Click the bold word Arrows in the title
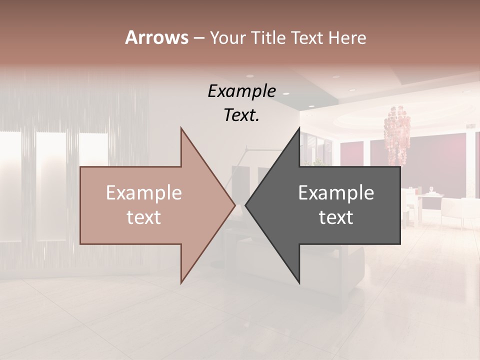(156, 37)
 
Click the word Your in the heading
(228, 38)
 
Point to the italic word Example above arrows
(241, 91)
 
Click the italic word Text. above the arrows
(241, 115)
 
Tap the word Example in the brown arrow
(144, 192)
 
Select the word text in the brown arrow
(144, 217)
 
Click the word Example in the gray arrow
(336, 192)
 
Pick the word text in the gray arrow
(336, 217)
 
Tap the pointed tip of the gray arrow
(247, 205)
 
